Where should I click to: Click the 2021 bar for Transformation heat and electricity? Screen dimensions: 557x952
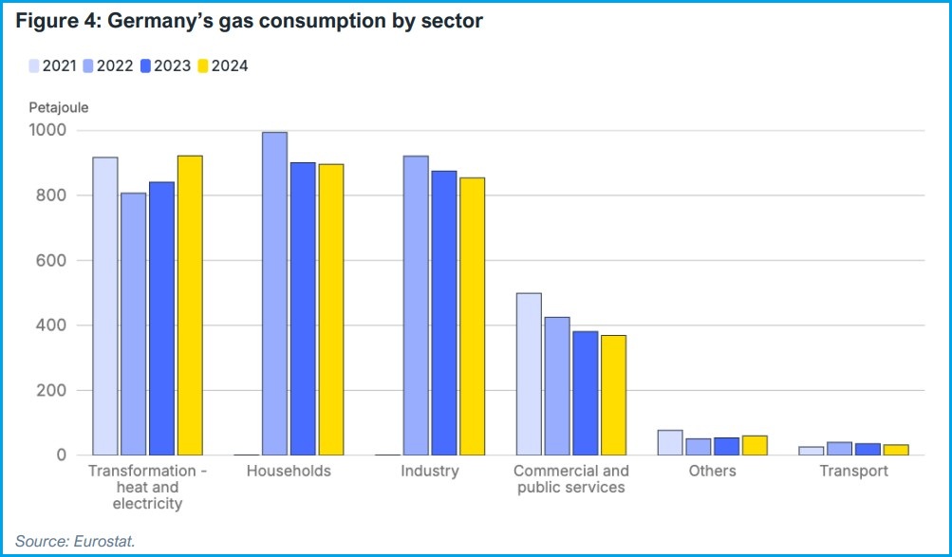click(x=105, y=306)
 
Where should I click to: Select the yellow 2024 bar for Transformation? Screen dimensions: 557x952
click(x=190, y=306)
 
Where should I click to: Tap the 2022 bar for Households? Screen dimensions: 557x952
click(x=274, y=294)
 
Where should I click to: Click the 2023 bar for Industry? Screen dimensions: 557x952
click(x=443, y=313)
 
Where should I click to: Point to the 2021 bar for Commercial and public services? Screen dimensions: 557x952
click(x=528, y=374)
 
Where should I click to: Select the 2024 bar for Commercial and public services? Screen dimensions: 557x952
click(x=613, y=395)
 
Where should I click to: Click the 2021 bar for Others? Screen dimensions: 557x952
click(x=669, y=443)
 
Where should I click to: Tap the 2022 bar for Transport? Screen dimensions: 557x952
click(x=839, y=449)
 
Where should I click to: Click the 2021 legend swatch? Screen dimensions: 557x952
click(x=34, y=65)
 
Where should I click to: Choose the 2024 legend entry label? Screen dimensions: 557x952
click(x=230, y=65)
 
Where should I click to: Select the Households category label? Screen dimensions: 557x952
click(x=289, y=471)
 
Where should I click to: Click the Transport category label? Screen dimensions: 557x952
click(x=853, y=471)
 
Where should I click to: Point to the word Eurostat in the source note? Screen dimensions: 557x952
click(x=104, y=541)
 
